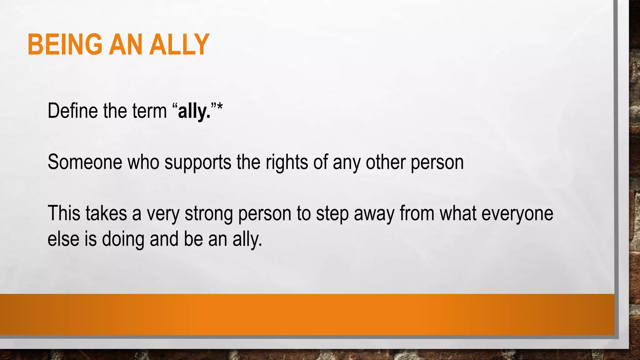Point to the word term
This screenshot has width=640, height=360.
click(x=149, y=111)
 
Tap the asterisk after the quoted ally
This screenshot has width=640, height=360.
click(x=220, y=108)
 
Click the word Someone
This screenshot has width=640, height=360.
click(x=84, y=162)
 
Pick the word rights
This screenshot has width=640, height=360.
click(x=287, y=163)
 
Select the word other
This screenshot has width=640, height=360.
click(x=385, y=162)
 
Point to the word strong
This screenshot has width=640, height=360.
click(x=208, y=214)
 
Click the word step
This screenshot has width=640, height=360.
click(x=332, y=214)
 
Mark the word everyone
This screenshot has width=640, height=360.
click(x=517, y=214)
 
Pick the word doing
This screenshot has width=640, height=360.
click(x=123, y=240)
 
